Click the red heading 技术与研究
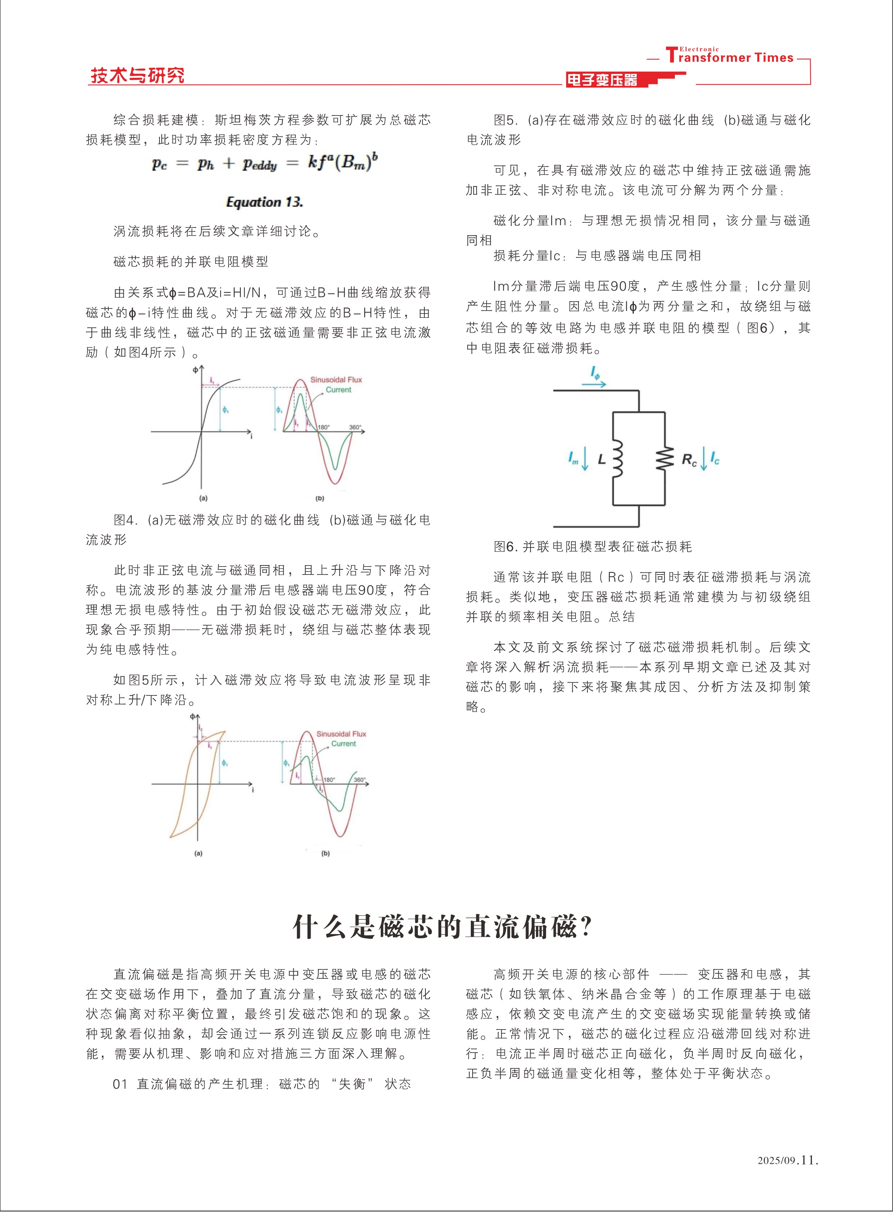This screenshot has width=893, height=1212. (x=137, y=75)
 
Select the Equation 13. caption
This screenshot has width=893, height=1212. (x=264, y=202)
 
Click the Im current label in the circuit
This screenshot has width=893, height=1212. (x=573, y=459)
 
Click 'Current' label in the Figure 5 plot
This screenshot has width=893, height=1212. (x=344, y=744)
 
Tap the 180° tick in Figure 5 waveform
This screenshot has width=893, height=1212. (x=329, y=780)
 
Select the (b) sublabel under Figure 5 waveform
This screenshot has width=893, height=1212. (x=325, y=853)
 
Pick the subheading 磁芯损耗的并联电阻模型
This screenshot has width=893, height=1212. (x=191, y=262)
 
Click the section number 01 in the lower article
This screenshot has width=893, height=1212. (x=120, y=1084)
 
